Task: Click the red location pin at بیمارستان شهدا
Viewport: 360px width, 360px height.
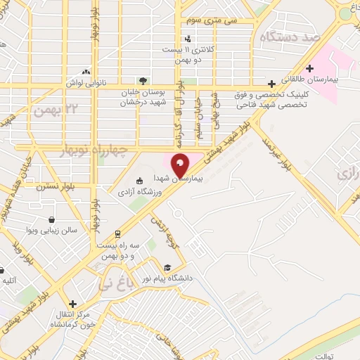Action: [181, 166]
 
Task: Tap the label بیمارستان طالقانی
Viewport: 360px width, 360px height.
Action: [310, 79]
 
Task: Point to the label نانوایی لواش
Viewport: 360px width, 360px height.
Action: [87, 82]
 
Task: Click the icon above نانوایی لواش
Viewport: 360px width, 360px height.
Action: [86, 71]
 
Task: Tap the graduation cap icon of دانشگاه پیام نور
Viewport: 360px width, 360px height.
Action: [167, 267]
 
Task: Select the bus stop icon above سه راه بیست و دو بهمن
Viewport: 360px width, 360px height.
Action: [117, 233]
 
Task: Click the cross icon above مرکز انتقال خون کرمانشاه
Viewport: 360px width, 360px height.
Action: [72, 304]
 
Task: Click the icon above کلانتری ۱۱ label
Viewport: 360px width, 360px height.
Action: [188, 39]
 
